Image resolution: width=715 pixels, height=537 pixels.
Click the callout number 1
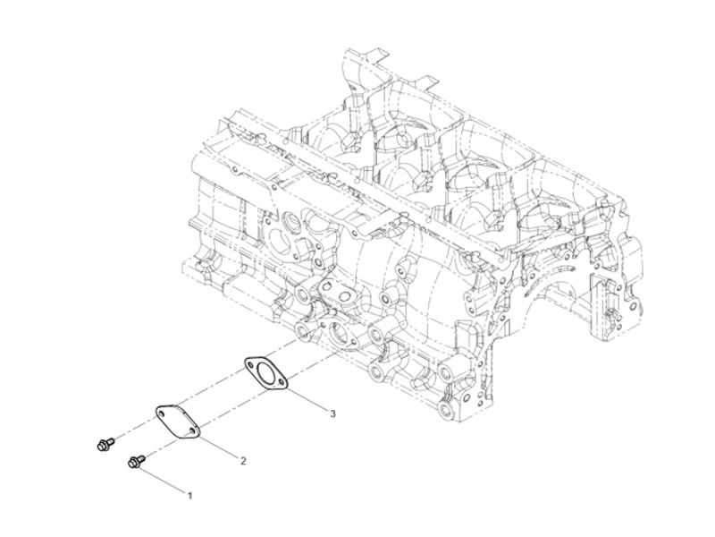coord(189,494)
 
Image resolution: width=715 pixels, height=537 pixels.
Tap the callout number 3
coord(332,413)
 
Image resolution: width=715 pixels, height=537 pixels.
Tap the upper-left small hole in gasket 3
coord(251,363)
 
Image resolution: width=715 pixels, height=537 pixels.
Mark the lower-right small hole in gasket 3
coord(282,382)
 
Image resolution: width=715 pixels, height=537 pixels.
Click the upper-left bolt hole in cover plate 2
coord(162,413)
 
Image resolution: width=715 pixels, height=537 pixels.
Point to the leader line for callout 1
coord(166,479)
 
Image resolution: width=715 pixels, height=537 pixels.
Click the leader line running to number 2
coord(219,447)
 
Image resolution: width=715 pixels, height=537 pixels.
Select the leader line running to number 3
coord(308,400)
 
